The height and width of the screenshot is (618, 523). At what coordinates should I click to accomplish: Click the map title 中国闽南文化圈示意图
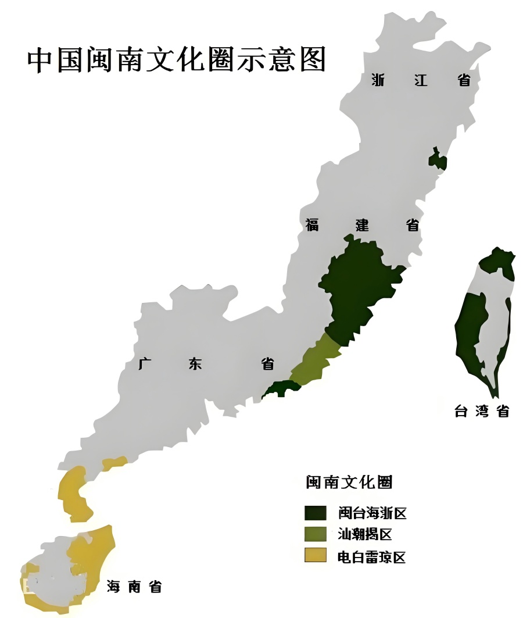pyautogui.click(x=177, y=60)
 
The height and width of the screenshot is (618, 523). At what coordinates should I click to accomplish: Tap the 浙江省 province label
pyautogui.click(x=421, y=80)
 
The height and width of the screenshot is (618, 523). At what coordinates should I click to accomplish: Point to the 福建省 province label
pyautogui.click(x=363, y=225)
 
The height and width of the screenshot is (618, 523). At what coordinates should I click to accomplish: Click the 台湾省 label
pyautogui.click(x=482, y=411)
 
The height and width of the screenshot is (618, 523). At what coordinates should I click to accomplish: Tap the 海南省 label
pyautogui.click(x=134, y=587)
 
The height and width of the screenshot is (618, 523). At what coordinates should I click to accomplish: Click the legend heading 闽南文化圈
pyautogui.click(x=349, y=482)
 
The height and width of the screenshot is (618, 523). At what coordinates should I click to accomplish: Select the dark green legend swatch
pyautogui.click(x=316, y=512)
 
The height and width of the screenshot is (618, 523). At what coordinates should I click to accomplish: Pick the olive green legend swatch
pyautogui.click(x=316, y=534)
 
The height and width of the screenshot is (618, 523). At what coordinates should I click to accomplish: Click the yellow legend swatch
pyautogui.click(x=316, y=556)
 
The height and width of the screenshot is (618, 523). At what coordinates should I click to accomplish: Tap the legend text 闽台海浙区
pyautogui.click(x=372, y=513)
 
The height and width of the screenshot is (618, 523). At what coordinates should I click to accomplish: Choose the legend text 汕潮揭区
pyautogui.click(x=366, y=534)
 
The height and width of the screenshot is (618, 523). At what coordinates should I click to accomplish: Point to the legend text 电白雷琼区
pyautogui.click(x=372, y=556)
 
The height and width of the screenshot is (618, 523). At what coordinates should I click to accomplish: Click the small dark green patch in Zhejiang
pyautogui.click(x=437, y=159)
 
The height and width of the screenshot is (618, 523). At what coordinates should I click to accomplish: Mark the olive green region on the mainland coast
pyautogui.click(x=314, y=361)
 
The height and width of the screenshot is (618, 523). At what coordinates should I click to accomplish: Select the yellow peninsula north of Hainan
pyautogui.click(x=76, y=494)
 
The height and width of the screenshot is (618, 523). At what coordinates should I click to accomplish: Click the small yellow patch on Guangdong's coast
pyautogui.click(x=114, y=463)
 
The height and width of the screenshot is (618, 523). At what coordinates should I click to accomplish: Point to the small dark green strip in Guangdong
pyautogui.click(x=280, y=388)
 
